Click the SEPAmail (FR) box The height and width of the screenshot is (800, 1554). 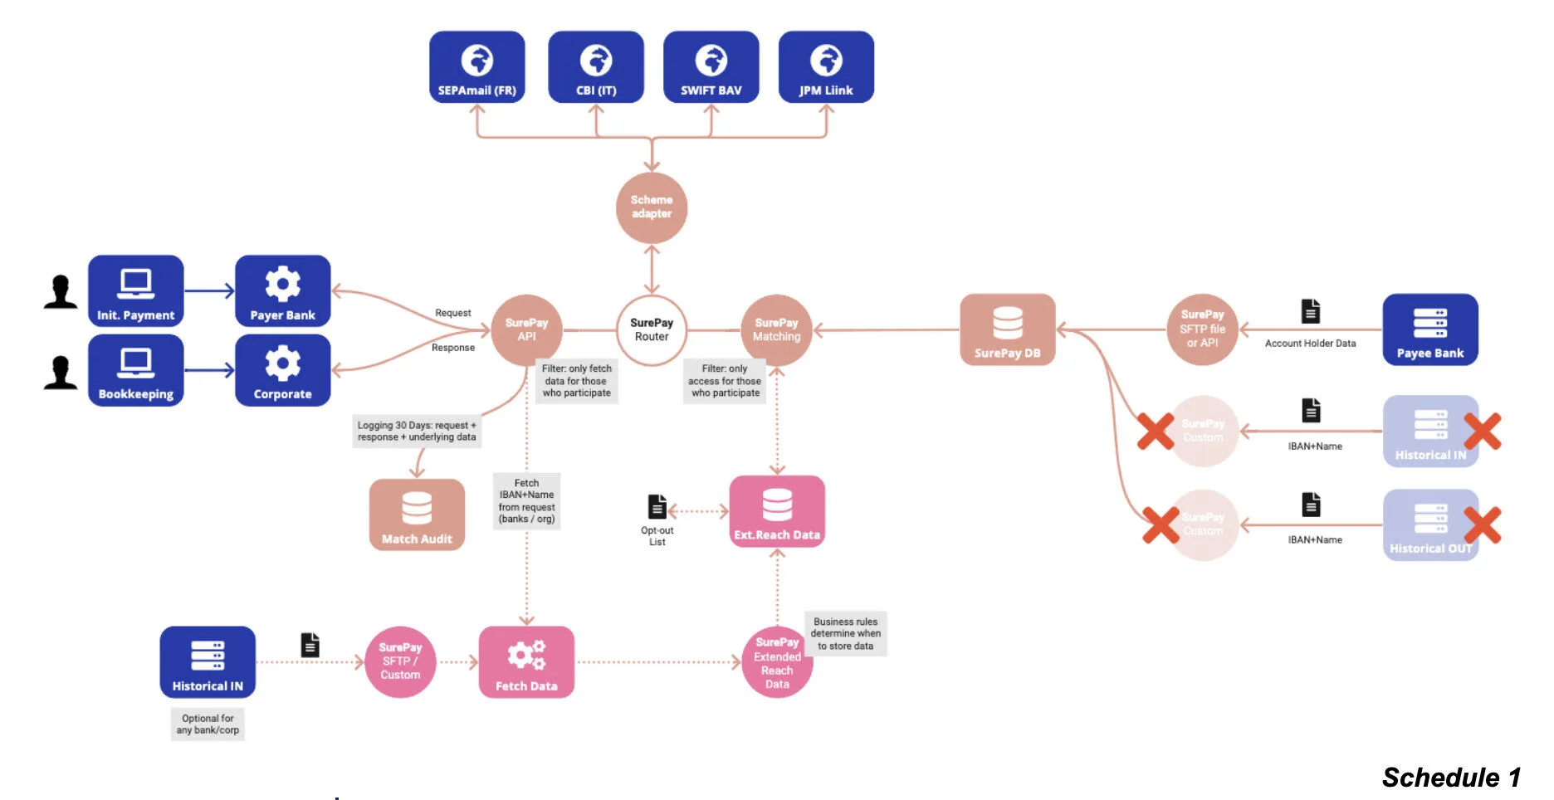476,67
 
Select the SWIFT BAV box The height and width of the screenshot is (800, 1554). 711,67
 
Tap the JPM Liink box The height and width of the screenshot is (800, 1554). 826,67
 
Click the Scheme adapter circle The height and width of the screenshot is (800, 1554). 652,207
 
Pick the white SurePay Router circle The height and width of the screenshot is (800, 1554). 652,330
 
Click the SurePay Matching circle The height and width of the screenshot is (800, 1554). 776,330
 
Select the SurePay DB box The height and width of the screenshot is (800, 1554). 1007,330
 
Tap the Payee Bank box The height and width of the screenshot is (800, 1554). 1429,330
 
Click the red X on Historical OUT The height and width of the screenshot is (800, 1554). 1482,525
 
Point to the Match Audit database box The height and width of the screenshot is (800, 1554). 417,515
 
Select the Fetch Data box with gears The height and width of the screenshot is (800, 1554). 526,662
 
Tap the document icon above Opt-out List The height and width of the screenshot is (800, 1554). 657,506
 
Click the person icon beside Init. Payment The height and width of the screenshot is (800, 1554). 61,292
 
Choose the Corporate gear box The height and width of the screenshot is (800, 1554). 282,370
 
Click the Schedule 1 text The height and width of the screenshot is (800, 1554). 1450,778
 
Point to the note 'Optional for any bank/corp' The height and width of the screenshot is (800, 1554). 208,724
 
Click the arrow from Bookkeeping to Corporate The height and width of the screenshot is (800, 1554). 209,370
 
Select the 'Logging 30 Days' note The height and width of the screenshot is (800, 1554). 417,431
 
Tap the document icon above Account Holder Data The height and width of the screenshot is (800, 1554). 1310,312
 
